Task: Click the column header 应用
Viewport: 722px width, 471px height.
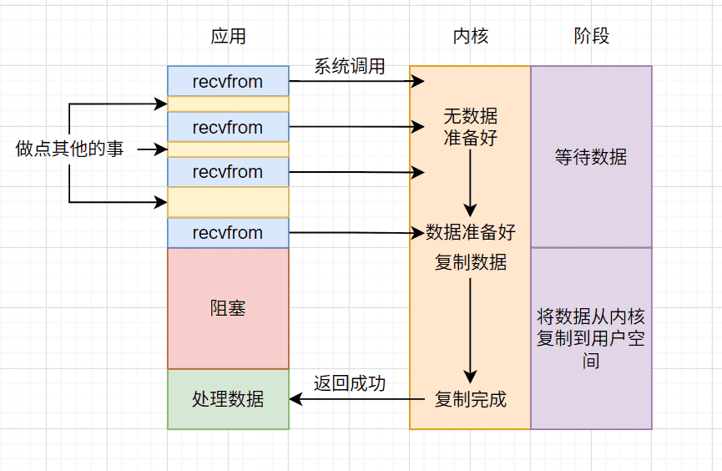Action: point(229,36)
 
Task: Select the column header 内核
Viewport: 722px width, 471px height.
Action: point(470,36)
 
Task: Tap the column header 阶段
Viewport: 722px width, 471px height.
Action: point(591,36)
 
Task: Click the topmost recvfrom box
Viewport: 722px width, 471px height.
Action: point(229,81)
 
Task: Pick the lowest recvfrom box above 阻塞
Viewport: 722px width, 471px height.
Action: point(229,233)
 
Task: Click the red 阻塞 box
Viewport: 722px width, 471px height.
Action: point(229,309)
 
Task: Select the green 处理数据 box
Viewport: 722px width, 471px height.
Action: point(229,399)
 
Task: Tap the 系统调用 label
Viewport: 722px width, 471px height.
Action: point(350,66)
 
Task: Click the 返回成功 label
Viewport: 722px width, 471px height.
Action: point(350,383)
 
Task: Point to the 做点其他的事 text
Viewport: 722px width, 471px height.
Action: point(69,149)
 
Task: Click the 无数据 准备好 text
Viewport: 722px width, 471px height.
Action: point(470,127)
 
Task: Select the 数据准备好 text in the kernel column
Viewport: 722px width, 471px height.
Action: point(470,232)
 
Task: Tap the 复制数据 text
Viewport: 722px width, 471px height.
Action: point(470,262)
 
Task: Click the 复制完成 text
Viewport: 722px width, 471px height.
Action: point(470,399)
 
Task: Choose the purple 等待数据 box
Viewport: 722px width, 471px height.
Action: point(591,157)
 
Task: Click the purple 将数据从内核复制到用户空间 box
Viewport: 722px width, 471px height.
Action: point(591,339)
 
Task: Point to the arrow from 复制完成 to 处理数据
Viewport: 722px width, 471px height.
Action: point(357,399)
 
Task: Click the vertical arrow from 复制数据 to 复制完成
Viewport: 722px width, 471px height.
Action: point(470,331)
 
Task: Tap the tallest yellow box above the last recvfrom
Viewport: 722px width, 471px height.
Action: point(229,202)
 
